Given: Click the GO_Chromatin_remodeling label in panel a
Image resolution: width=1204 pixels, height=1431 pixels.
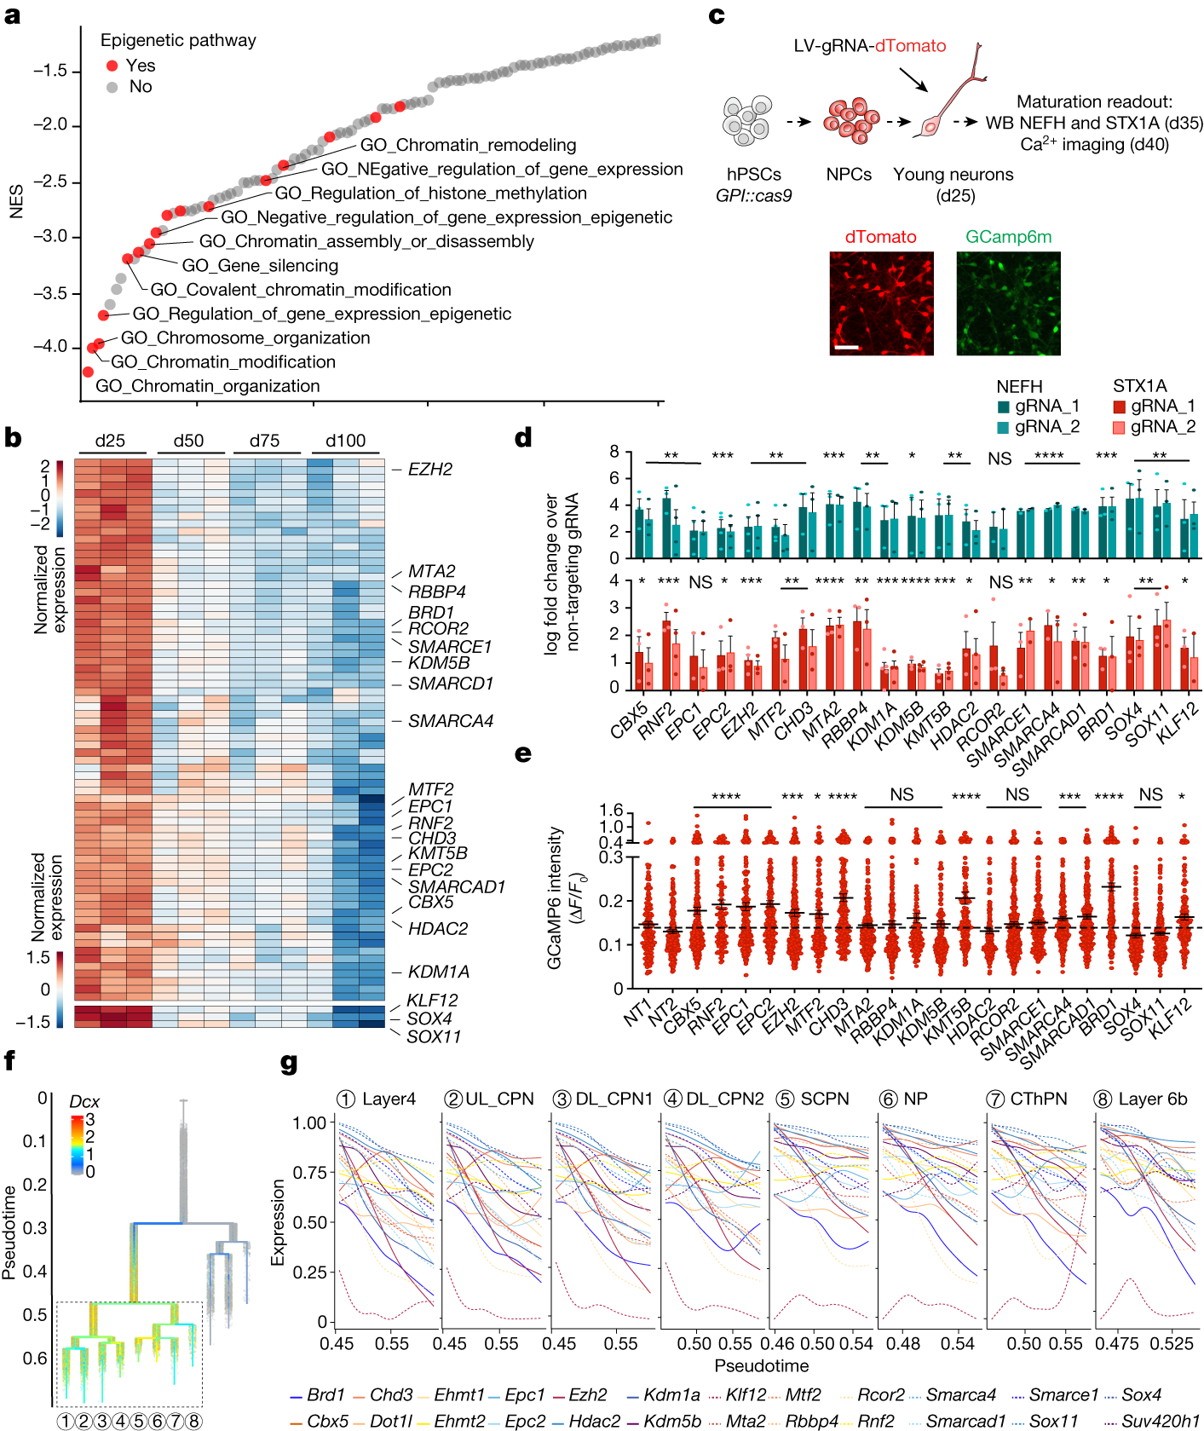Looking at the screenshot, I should coord(468,145).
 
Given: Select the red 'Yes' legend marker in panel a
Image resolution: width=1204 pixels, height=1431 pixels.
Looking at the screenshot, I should coord(112,66).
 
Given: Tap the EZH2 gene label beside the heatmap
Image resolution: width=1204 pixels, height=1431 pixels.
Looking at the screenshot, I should coord(430,469).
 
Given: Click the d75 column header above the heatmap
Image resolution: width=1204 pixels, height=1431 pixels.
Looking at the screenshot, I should coord(264,441).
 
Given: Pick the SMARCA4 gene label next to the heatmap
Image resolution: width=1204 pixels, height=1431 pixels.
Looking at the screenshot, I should coord(451,721).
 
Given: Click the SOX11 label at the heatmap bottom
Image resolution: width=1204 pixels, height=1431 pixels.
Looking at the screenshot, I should coord(434,1036).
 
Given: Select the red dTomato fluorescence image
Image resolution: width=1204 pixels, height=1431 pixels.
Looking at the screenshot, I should coord(881,303).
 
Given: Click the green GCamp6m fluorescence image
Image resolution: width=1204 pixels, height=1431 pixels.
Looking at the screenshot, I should coord(1008,303).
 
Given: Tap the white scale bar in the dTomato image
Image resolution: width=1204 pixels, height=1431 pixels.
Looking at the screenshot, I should coord(846,347).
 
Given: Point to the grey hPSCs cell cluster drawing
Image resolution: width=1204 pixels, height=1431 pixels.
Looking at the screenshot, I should coord(747,119).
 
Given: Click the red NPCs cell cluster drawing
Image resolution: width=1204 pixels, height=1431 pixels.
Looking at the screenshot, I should coord(850,120).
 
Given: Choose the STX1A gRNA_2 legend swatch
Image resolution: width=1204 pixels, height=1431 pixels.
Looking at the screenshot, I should coord(1119,427).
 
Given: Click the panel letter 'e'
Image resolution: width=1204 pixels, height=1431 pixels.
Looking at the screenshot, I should coord(523,753).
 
